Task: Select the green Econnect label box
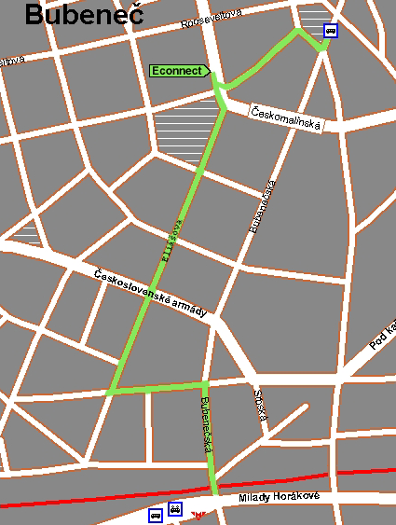coord(178,71)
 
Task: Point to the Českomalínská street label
coord(286,118)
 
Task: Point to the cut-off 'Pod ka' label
coord(382,336)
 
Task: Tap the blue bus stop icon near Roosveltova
coord(330,30)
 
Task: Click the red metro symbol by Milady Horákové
coord(196,514)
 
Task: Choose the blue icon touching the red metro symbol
coord(174,511)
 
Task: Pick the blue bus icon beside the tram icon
coord(156,515)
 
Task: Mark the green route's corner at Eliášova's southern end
coord(110,392)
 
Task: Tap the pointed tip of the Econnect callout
coord(211,71)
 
